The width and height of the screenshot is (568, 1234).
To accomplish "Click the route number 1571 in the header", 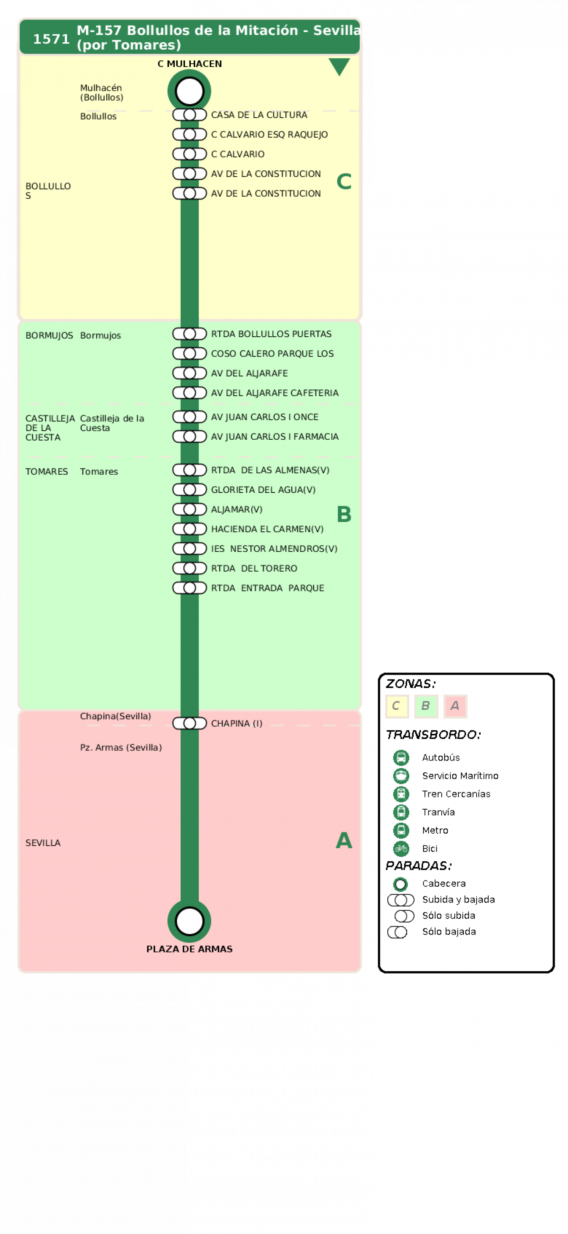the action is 51,39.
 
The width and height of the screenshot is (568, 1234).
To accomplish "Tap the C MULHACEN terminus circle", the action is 189,91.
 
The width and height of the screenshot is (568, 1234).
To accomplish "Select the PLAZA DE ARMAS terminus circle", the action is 189,921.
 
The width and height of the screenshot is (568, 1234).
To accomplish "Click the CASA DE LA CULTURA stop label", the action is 259,115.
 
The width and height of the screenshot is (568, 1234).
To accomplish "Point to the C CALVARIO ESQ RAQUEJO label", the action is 269,135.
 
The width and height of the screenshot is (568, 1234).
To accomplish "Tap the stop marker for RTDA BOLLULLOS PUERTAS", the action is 189,334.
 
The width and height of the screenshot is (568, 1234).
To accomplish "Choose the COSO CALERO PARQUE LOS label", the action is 272,354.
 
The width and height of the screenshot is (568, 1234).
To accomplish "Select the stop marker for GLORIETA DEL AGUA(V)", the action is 189,490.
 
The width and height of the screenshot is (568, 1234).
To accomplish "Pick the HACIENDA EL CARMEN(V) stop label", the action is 267,529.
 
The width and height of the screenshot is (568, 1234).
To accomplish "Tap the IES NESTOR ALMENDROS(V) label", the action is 274,548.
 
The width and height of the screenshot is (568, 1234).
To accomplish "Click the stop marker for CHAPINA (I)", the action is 189,723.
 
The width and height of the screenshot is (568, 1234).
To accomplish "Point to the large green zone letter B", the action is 343,514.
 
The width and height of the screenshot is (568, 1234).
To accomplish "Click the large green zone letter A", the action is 343,840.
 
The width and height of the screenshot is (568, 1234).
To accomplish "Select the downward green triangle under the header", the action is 339,67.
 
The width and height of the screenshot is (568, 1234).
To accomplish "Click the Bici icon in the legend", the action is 401,848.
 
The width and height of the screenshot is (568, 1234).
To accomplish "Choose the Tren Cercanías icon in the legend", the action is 401,794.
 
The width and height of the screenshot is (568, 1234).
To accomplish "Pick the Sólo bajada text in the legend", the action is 449,931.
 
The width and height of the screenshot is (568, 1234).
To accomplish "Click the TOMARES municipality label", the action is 47,471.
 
